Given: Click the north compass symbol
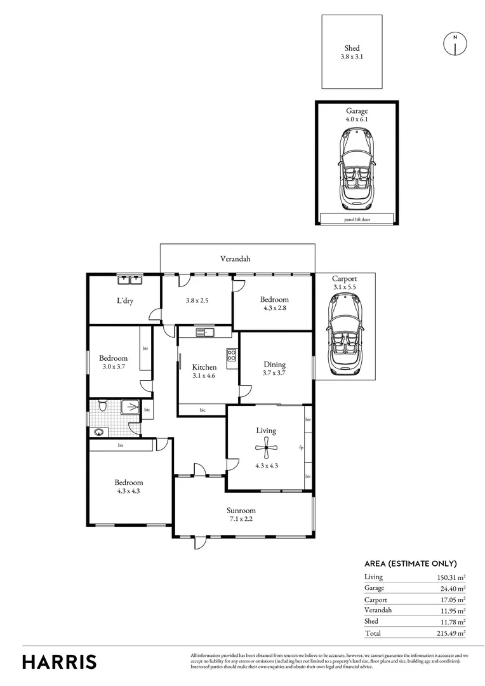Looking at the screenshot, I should pos(455,43).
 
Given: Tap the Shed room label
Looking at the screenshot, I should pos(352,48).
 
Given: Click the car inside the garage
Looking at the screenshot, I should pos(356,168).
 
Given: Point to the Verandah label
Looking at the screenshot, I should pos(235,259).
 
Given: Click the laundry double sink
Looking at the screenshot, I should pos(132,279).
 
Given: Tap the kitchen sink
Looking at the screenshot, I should pos(206,332).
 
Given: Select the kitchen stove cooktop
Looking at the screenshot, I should pos(232,357).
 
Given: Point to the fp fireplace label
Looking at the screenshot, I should pos(302,448).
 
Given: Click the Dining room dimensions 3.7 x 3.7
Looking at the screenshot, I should pos(275,373).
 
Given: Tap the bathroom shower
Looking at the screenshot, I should pos(130,407).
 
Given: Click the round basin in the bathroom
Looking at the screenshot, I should pos(98,432).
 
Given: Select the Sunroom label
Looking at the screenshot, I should pos(241,510).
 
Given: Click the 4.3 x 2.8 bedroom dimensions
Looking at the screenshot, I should pos(275,309).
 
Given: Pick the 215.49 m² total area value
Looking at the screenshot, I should pos(451,633).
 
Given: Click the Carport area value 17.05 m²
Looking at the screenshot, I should pos(451,600).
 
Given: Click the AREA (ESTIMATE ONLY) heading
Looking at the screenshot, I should pos(410,563).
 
